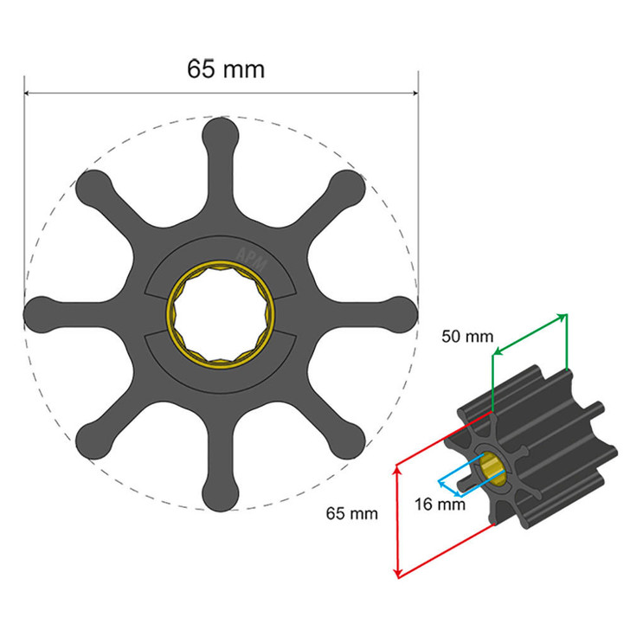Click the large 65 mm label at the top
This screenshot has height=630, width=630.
tap(226, 68)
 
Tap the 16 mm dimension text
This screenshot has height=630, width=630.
tap(437, 503)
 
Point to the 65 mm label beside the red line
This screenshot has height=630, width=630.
tap(351, 513)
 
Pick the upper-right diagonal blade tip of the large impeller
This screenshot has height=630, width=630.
tap(348, 185)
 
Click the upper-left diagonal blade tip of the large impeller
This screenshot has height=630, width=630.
tap(93, 185)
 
